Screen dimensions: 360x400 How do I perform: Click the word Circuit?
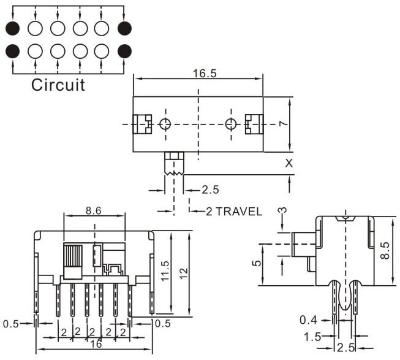(58, 84)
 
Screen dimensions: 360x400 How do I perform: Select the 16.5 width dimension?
(198, 73)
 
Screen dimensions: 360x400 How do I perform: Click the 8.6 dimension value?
(94, 210)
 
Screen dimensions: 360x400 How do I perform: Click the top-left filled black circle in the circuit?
(13, 28)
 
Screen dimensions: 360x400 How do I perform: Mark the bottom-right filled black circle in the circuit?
(124, 50)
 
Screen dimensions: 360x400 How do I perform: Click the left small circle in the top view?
(165, 124)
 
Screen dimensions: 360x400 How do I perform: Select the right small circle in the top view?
(230, 124)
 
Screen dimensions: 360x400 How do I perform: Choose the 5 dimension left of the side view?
(257, 263)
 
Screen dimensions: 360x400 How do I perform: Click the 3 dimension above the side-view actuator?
(282, 211)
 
